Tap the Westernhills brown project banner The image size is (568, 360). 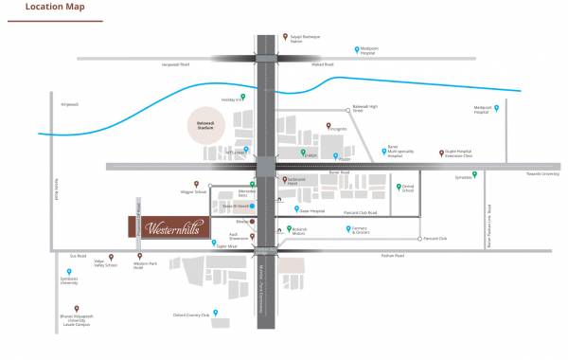click(169, 228)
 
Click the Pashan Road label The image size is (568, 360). click(392, 256)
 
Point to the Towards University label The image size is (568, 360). click(543, 174)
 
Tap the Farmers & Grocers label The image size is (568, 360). click(364, 231)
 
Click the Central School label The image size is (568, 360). click(407, 189)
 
